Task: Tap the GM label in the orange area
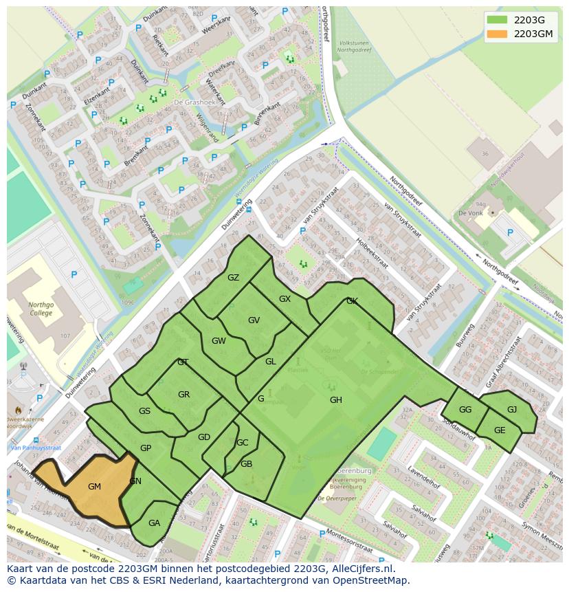coord(95,486)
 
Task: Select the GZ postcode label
coord(234,278)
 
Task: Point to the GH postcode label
coord(335,400)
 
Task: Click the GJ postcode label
coord(512,409)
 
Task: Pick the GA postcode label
coord(154,523)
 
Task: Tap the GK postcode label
coord(352,301)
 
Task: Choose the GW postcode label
coord(219,341)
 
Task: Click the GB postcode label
coord(246,464)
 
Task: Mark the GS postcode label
coord(144,411)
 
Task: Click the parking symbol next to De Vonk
coord(510,233)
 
